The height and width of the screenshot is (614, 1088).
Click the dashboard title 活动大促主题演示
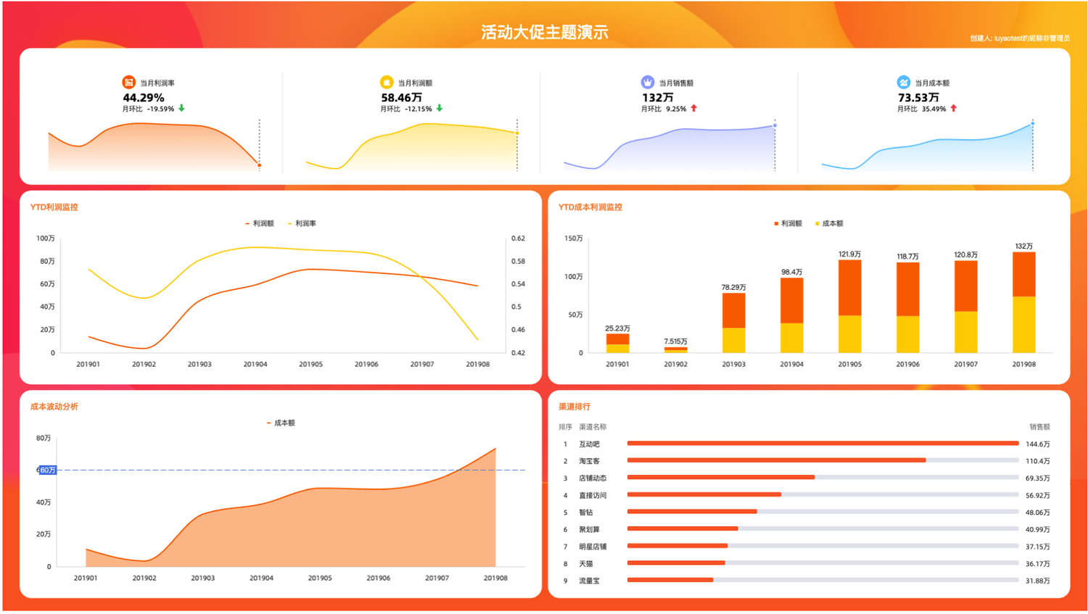[544, 32]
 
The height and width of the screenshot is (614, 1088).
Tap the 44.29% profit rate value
[144, 97]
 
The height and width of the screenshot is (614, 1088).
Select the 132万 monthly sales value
[657, 97]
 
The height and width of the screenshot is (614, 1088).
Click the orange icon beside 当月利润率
[128, 83]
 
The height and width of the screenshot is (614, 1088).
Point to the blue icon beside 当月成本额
[903, 83]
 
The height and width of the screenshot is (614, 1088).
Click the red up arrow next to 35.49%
[954, 109]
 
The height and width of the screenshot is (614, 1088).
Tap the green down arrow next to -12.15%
[440, 109]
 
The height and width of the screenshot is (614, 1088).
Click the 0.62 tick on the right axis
[517, 238]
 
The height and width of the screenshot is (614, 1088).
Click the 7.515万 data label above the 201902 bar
[675, 341]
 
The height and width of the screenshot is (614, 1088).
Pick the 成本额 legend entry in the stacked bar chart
[832, 223]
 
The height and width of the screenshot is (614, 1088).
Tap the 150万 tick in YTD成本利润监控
[573, 238]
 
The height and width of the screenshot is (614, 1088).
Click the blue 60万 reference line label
[47, 470]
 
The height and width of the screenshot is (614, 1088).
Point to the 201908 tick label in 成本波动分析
[495, 578]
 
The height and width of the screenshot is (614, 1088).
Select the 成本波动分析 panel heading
[54, 407]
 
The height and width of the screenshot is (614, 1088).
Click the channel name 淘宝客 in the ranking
[589, 461]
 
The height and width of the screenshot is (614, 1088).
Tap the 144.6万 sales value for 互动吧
[1037, 444]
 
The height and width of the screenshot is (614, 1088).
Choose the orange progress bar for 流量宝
[670, 580]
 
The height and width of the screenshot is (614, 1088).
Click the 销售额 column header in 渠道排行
[1039, 427]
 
